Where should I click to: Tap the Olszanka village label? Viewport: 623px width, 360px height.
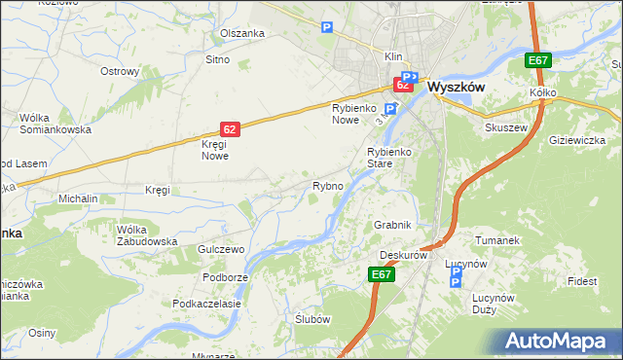242,33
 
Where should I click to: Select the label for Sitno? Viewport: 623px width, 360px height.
216,60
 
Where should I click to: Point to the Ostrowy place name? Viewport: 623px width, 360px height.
122,71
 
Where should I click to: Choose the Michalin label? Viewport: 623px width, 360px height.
78,198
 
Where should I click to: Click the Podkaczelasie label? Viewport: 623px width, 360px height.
206,304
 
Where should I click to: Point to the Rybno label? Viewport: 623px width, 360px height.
326,186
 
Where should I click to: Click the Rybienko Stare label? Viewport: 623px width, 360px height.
392,158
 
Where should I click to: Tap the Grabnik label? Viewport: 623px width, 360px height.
393,225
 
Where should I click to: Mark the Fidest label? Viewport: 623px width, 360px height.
583,281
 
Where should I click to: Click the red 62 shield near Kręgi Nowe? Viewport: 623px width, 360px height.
229,128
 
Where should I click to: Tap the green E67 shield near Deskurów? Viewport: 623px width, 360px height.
382,275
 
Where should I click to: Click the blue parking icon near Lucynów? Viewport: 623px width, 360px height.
456,281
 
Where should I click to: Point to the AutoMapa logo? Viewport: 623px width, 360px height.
560,342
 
